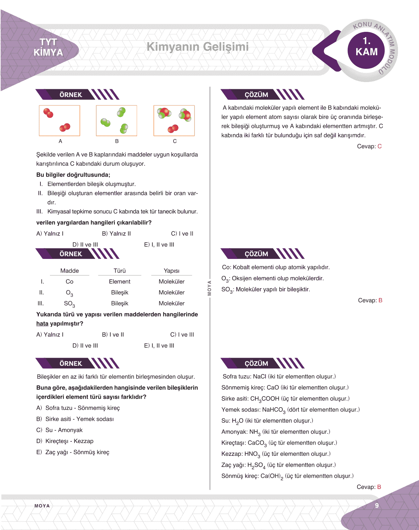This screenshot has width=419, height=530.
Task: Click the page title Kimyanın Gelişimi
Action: [x=198, y=47]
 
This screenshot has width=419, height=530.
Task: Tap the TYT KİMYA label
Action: [x=48, y=47]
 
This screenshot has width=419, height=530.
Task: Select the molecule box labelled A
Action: [x=59, y=120]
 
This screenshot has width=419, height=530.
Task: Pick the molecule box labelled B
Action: [x=116, y=120]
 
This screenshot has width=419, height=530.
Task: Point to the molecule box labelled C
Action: [x=174, y=120]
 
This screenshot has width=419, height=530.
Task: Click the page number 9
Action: [x=377, y=505]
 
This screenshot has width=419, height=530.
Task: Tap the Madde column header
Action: [x=69, y=271]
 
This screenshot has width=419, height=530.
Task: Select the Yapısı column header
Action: [x=172, y=271]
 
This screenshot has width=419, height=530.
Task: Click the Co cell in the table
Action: [x=69, y=282]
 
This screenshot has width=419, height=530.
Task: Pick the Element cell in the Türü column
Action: [x=120, y=282]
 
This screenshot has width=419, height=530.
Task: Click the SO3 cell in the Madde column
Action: [x=69, y=304]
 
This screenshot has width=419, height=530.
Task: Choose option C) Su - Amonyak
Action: [x=59, y=430]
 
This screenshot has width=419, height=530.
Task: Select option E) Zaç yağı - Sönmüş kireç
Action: [x=73, y=452]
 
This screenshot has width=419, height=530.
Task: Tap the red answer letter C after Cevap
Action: [x=380, y=146]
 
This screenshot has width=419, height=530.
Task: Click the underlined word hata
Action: [x=42, y=324]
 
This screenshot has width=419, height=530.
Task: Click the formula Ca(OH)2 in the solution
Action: [x=272, y=476]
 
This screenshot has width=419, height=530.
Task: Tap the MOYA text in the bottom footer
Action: [x=42, y=506]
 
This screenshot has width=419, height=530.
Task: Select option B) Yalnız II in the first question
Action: [x=116, y=234]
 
